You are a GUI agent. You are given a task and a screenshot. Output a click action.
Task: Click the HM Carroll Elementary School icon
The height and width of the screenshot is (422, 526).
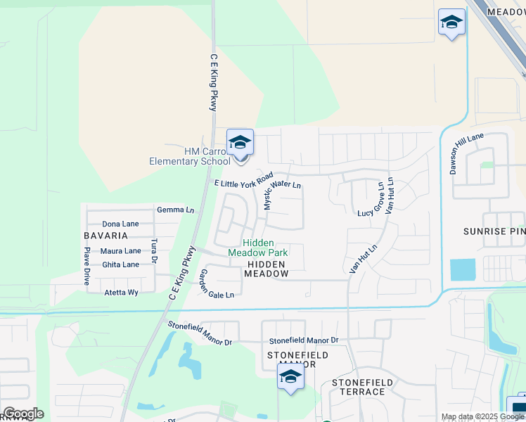point(240,143)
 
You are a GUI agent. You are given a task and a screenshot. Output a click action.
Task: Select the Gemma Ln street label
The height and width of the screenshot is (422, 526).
point(175,210)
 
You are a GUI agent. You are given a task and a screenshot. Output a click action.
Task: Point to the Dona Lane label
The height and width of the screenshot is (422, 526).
point(120,224)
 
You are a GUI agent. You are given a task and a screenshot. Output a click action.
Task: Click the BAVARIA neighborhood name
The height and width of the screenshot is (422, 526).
point(106,236)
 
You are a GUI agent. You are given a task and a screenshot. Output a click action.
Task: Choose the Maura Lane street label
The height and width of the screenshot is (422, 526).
point(120,251)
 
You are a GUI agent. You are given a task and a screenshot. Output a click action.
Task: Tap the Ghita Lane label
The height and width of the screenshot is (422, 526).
point(120,264)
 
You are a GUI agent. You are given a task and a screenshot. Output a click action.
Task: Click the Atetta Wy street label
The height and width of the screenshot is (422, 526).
point(121,292)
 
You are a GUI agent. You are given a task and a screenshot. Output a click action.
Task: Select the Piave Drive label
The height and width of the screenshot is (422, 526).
point(87,266)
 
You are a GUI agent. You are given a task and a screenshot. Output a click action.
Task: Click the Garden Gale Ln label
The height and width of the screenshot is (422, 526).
point(216,284)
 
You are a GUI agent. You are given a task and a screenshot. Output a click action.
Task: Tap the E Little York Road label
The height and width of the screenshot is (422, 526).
point(243,183)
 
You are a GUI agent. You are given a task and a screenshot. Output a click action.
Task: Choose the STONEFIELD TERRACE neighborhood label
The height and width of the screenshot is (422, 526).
point(359,387)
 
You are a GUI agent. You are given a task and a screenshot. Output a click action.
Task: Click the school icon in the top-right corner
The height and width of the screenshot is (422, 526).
point(451,23)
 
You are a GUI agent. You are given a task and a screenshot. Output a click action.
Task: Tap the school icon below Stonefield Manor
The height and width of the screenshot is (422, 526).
point(290,377)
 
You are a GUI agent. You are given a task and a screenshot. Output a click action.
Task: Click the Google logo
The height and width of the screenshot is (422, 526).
point(23,414)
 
